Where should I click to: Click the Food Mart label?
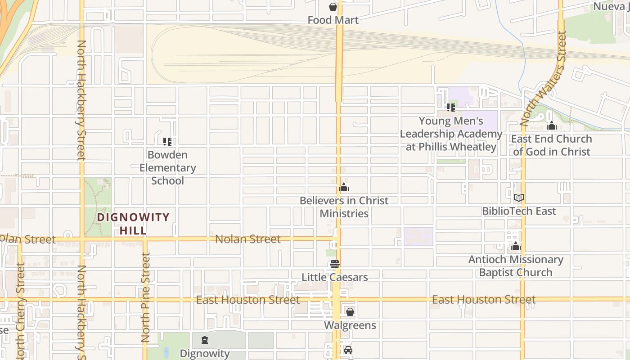pos(333,20)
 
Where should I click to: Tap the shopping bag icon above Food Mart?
pos(333,7)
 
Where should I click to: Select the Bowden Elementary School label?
pos(167,168)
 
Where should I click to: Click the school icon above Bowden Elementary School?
pos(167,142)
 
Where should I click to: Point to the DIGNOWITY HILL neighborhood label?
pos(133,224)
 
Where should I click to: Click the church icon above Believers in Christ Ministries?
pos(344,187)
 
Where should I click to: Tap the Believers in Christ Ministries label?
pos(344,207)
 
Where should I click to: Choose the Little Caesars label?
pos(334,277)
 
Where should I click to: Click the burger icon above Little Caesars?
pos(334,264)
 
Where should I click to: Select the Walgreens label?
pos(350,325)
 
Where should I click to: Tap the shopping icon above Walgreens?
pos(350,311)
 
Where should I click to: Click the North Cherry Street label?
pos(20,310)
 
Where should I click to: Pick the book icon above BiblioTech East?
pos(518,198)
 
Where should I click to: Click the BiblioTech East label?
pos(519,211)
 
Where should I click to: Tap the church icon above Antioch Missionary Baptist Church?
pos(516,247)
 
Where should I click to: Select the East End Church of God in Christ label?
pos(551,145)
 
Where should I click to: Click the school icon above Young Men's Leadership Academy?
pos(450,108)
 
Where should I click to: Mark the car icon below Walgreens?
pos(348,350)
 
